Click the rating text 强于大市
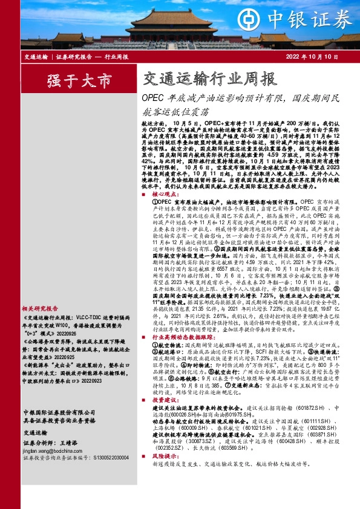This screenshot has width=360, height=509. pos(71,81)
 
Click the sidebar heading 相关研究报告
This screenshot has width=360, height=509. pos(43,308)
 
